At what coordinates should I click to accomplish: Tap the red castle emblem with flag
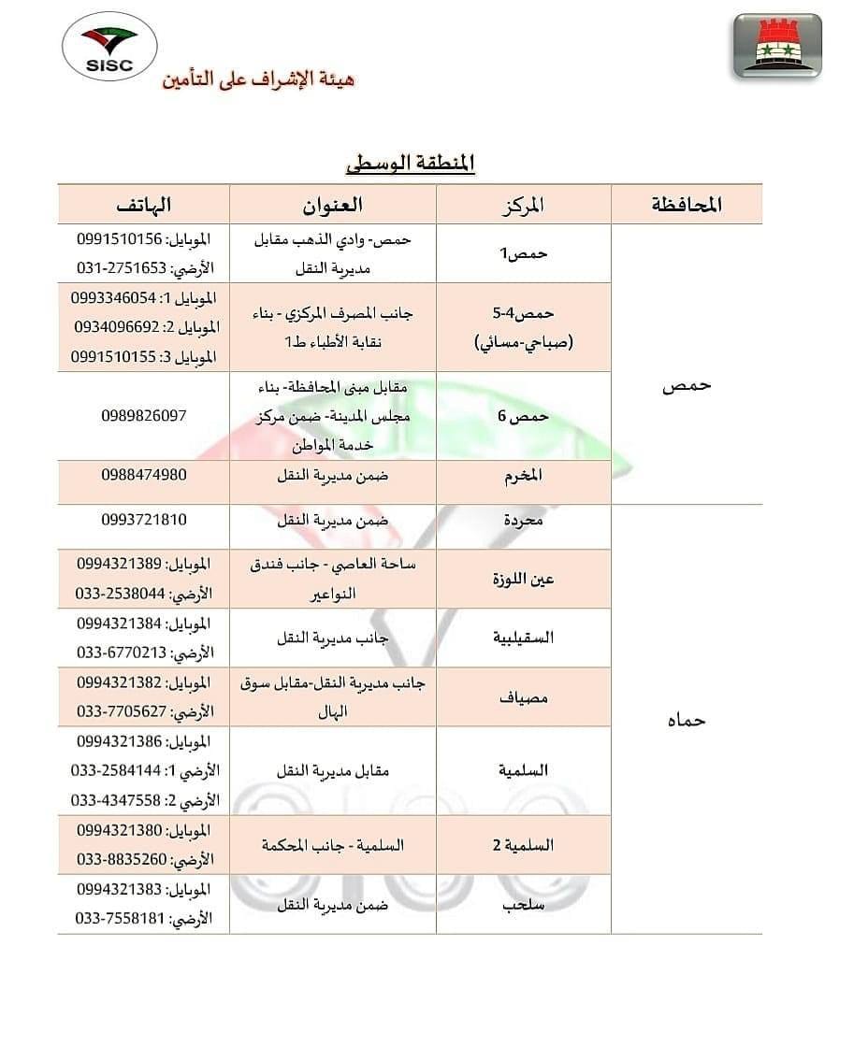[777, 46]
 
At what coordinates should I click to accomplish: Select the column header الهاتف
[145, 204]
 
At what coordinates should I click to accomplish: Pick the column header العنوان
[334, 204]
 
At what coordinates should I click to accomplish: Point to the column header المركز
[524, 204]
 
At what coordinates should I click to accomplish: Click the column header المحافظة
[687, 204]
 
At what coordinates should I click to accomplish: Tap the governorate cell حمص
[687, 385]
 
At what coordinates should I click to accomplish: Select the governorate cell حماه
[687, 719]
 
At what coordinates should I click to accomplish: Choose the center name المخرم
[524, 476]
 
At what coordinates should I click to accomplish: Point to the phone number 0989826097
[144, 415]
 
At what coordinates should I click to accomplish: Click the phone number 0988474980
[144, 475]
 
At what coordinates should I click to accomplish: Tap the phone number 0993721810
[144, 520]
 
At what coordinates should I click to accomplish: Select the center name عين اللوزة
[524, 579]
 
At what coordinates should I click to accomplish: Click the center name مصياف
[524, 696]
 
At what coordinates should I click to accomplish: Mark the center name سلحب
[524, 904]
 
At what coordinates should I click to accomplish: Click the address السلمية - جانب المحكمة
[334, 845]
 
